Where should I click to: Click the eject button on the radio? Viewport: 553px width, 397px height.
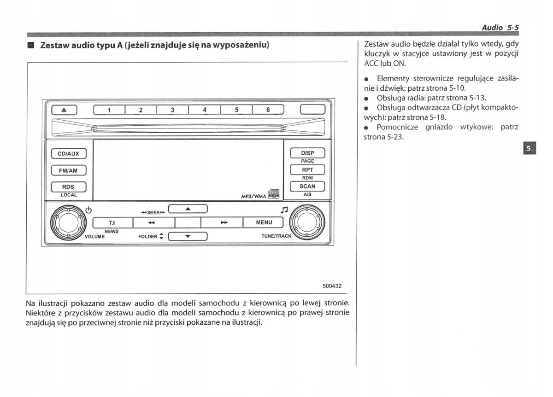(64, 110)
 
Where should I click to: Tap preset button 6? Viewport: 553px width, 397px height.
(268, 110)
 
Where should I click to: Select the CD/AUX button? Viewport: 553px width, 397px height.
(69, 153)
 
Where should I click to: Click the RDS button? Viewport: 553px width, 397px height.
(69, 187)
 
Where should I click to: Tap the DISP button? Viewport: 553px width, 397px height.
(307, 153)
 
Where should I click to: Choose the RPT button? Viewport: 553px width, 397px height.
(307, 169)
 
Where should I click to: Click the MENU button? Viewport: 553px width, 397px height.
(264, 222)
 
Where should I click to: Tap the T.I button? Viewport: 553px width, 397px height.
(112, 222)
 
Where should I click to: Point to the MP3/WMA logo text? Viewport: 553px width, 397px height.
(253, 196)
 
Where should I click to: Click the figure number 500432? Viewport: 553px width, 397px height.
(331, 286)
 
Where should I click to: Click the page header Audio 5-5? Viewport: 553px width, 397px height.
(500, 28)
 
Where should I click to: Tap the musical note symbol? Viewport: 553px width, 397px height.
(284, 210)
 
